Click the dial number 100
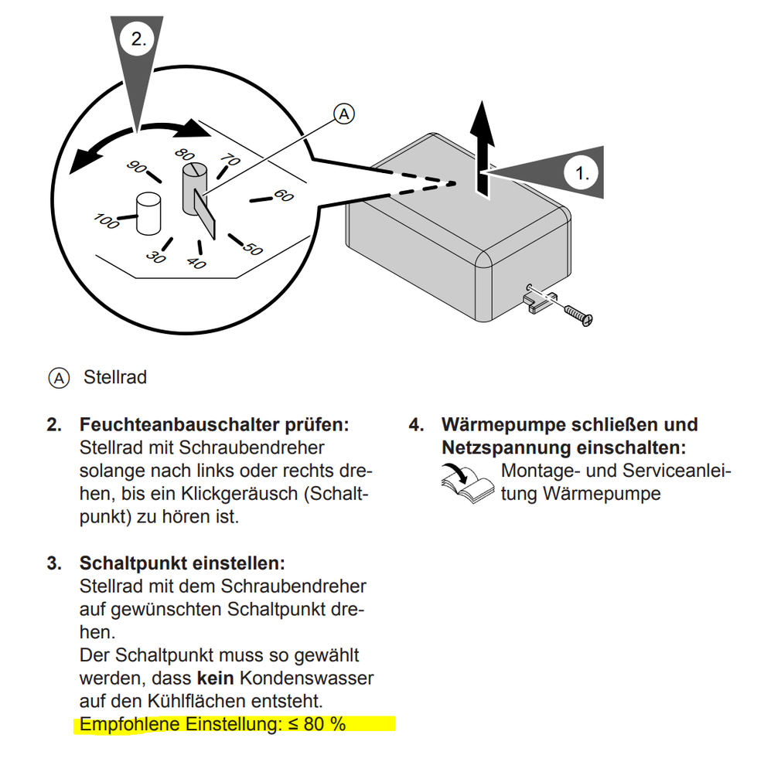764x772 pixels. [107, 221]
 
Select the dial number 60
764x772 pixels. [284, 196]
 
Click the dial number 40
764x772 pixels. [196, 264]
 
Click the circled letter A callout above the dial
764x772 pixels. [343, 114]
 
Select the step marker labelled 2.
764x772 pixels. [138, 40]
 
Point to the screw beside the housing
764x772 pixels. [578, 312]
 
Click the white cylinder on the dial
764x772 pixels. [148, 213]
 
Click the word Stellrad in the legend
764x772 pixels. [115, 378]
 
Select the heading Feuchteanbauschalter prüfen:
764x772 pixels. [214, 425]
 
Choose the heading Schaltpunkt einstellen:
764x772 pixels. [182, 563]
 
